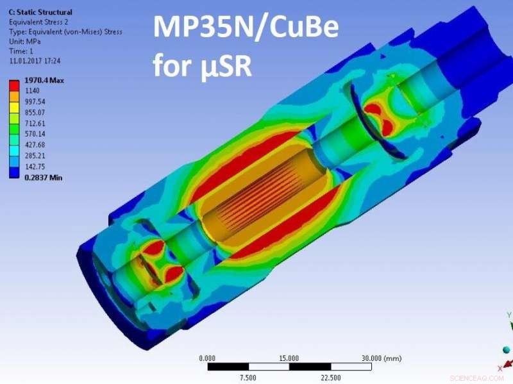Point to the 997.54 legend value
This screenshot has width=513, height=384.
point(36,102)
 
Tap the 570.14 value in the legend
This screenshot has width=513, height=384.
point(36,134)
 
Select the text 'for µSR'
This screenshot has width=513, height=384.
point(201,65)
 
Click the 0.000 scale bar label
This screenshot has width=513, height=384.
point(208,358)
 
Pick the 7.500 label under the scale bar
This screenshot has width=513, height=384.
point(248,378)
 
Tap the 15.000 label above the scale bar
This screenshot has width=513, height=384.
point(289,358)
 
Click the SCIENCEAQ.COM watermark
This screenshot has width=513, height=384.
point(477,378)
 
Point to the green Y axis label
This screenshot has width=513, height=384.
point(508,315)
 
